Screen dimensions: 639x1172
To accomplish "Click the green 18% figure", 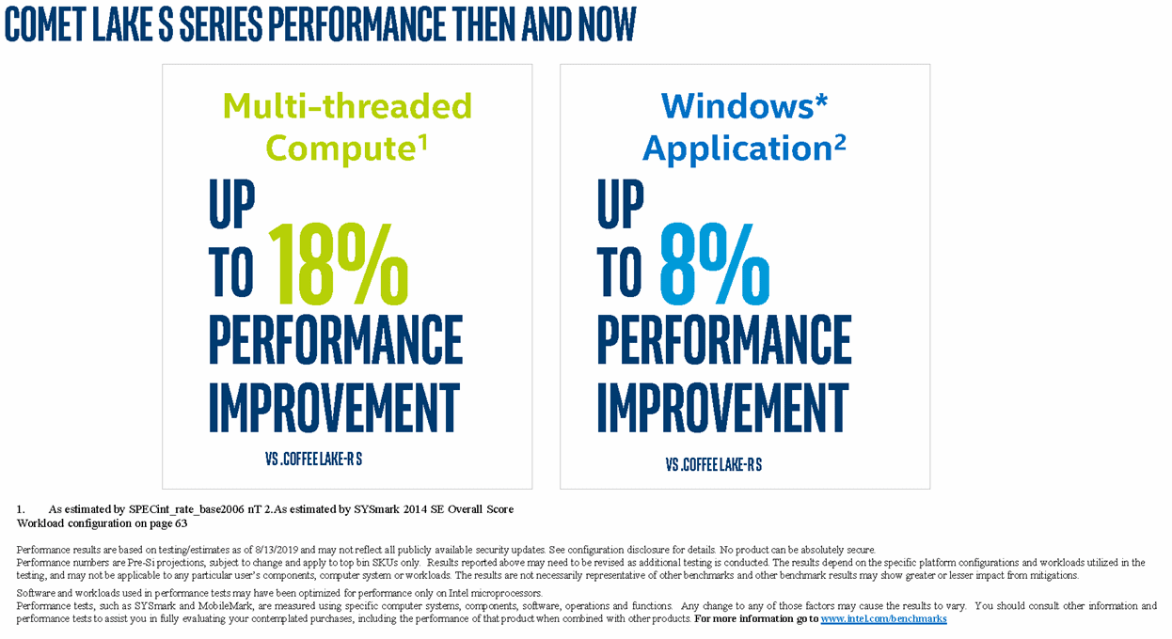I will click(339, 264).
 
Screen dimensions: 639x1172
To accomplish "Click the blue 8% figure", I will click(714, 264).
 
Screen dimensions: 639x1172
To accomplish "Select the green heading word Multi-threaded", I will click(347, 106).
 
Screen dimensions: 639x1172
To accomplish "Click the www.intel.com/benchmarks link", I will click(883, 619).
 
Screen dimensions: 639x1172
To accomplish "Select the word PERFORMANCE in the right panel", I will click(723, 339).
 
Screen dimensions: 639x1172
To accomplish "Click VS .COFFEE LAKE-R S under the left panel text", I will click(313, 460).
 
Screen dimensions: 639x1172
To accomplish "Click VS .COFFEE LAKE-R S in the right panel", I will click(713, 464).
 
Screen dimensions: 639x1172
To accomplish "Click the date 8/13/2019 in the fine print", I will click(275, 550).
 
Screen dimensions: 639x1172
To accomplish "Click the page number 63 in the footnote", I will click(181, 522).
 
